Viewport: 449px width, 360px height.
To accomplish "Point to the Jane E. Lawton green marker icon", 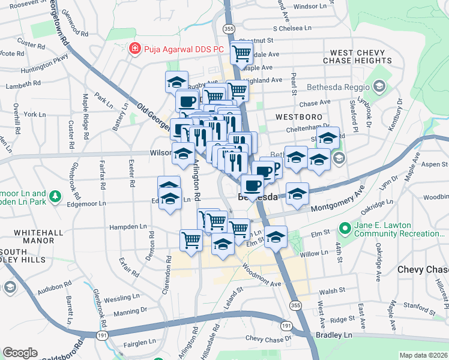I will pyautogui.click(x=345, y=228).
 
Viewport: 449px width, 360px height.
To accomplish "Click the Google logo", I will pyautogui.click(x=20, y=353).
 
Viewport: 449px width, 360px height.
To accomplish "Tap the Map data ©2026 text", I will pyautogui.click(x=423, y=355).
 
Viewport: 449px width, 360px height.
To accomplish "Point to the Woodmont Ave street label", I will pyautogui.click(x=262, y=274).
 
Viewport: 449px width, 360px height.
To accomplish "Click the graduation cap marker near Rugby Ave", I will pyautogui.click(x=176, y=81).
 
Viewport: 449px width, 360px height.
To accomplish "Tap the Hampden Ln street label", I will pyautogui.click(x=127, y=227).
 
